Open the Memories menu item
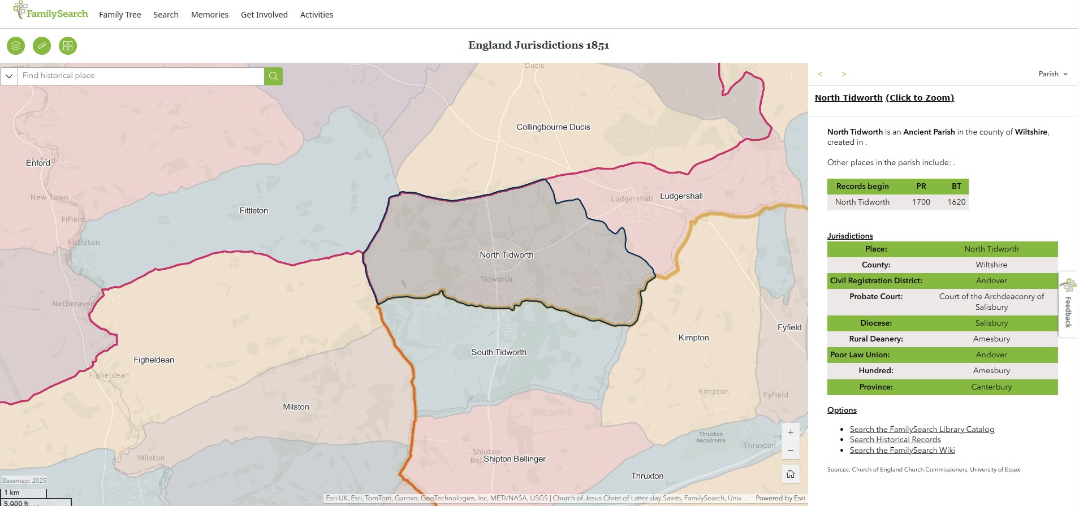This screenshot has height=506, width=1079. coord(209,15)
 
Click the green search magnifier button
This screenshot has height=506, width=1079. coord(273,76)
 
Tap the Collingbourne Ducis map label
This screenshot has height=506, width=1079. coord(553,127)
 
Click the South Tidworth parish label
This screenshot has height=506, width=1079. coord(498,352)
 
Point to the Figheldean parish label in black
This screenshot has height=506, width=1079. coord(154,360)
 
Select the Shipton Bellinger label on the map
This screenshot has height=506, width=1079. coord(514,459)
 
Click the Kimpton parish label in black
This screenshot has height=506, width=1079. coord(693,338)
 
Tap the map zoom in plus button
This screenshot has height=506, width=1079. coord(790,433)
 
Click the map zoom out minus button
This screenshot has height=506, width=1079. coord(790,451)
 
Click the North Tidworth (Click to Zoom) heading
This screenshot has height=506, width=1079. coord(884,98)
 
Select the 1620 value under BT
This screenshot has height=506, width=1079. coord(956,202)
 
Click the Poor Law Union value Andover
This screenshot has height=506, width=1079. coord(991,354)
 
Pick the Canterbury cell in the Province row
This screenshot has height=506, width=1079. coord(991,387)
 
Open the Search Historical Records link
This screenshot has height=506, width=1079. coord(895,439)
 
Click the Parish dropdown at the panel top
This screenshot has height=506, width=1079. coord(1052,74)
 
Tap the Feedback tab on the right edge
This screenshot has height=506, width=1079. coord(1068,305)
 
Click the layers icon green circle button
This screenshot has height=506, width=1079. coord(16,46)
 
